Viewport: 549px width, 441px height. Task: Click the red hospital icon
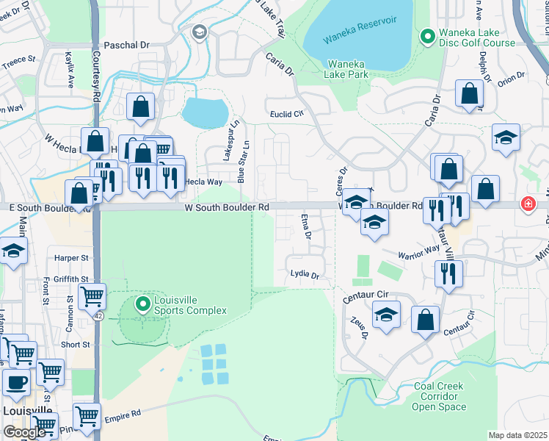coord(527,204)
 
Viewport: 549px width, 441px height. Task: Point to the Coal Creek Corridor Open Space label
coord(438,396)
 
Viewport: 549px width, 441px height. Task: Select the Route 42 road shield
coord(98,315)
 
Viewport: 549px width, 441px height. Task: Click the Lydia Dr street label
coord(305,276)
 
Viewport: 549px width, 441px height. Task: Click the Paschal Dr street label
coord(126,45)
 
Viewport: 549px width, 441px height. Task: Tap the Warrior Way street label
coord(418,252)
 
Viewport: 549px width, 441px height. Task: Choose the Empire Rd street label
coord(126,414)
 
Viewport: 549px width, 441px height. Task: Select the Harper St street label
coord(71,258)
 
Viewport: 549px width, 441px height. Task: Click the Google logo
coord(24,432)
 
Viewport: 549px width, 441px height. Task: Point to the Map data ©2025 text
coord(517,435)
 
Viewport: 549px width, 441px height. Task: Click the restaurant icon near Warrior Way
coord(447,274)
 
